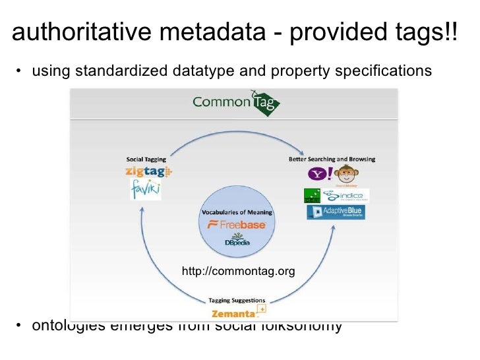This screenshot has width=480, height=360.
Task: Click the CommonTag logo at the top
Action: coord(235,104)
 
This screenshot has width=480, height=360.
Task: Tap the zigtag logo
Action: coord(148,171)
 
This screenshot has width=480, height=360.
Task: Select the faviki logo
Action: coord(145,190)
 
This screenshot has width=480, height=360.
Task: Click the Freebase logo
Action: coord(237,225)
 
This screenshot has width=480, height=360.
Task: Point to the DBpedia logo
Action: coord(236,240)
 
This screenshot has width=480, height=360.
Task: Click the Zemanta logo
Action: coord(237,312)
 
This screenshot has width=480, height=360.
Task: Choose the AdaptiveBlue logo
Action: coord(336,212)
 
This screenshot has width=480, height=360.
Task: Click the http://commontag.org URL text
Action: coord(238,271)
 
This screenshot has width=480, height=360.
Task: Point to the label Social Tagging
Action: coord(146,159)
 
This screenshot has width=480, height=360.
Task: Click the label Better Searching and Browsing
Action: coord(332,159)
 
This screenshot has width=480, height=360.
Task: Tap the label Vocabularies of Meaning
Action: coord(237,212)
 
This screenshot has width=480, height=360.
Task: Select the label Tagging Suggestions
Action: coord(237,300)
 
